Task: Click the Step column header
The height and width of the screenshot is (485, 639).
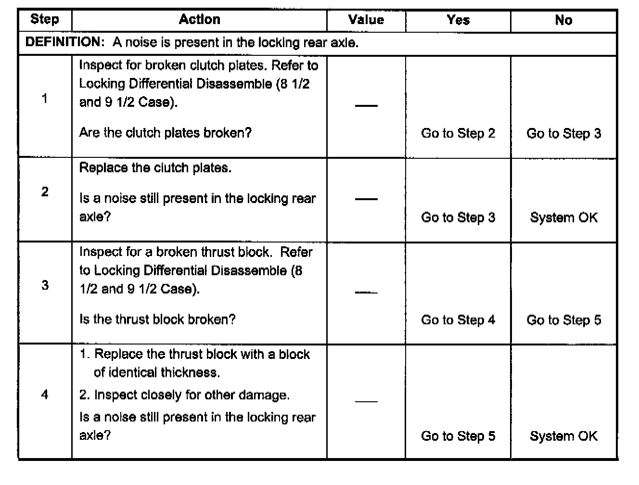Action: click(x=45, y=20)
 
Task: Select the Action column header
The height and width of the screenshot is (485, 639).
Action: click(x=199, y=20)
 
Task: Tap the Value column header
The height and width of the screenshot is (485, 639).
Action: click(x=366, y=20)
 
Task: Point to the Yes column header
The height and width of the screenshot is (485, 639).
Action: click(x=458, y=20)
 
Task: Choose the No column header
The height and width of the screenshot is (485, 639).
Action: click(x=563, y=20)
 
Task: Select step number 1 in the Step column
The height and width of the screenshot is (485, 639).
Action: click(x=45, y=99)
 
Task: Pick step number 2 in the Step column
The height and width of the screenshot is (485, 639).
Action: click(x=45, y=192)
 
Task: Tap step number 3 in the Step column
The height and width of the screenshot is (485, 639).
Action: click(x=45, y=285)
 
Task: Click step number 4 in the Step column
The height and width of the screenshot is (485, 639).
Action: click(x=45, y=395)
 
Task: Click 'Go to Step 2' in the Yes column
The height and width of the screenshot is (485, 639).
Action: click(x=458, y=133)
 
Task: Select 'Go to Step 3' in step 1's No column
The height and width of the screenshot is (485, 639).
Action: click(x=563, y=133)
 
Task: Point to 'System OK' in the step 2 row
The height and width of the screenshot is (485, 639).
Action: click(x=563, y=217)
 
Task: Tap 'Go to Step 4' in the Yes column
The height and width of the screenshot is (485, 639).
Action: click(x=458, y=320)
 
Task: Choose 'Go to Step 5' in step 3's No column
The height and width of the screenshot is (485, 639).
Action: click(x=563, y=320)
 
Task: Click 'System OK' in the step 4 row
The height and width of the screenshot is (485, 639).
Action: click(x=563, y=436)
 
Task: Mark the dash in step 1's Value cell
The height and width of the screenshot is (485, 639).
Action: click(x=366, y=105)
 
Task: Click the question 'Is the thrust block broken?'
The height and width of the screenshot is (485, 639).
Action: click(x=157, y=319)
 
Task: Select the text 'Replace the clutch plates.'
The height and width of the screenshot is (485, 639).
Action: click(x=155, y=168)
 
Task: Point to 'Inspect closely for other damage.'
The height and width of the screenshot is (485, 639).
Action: click(x=184, y=395)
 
